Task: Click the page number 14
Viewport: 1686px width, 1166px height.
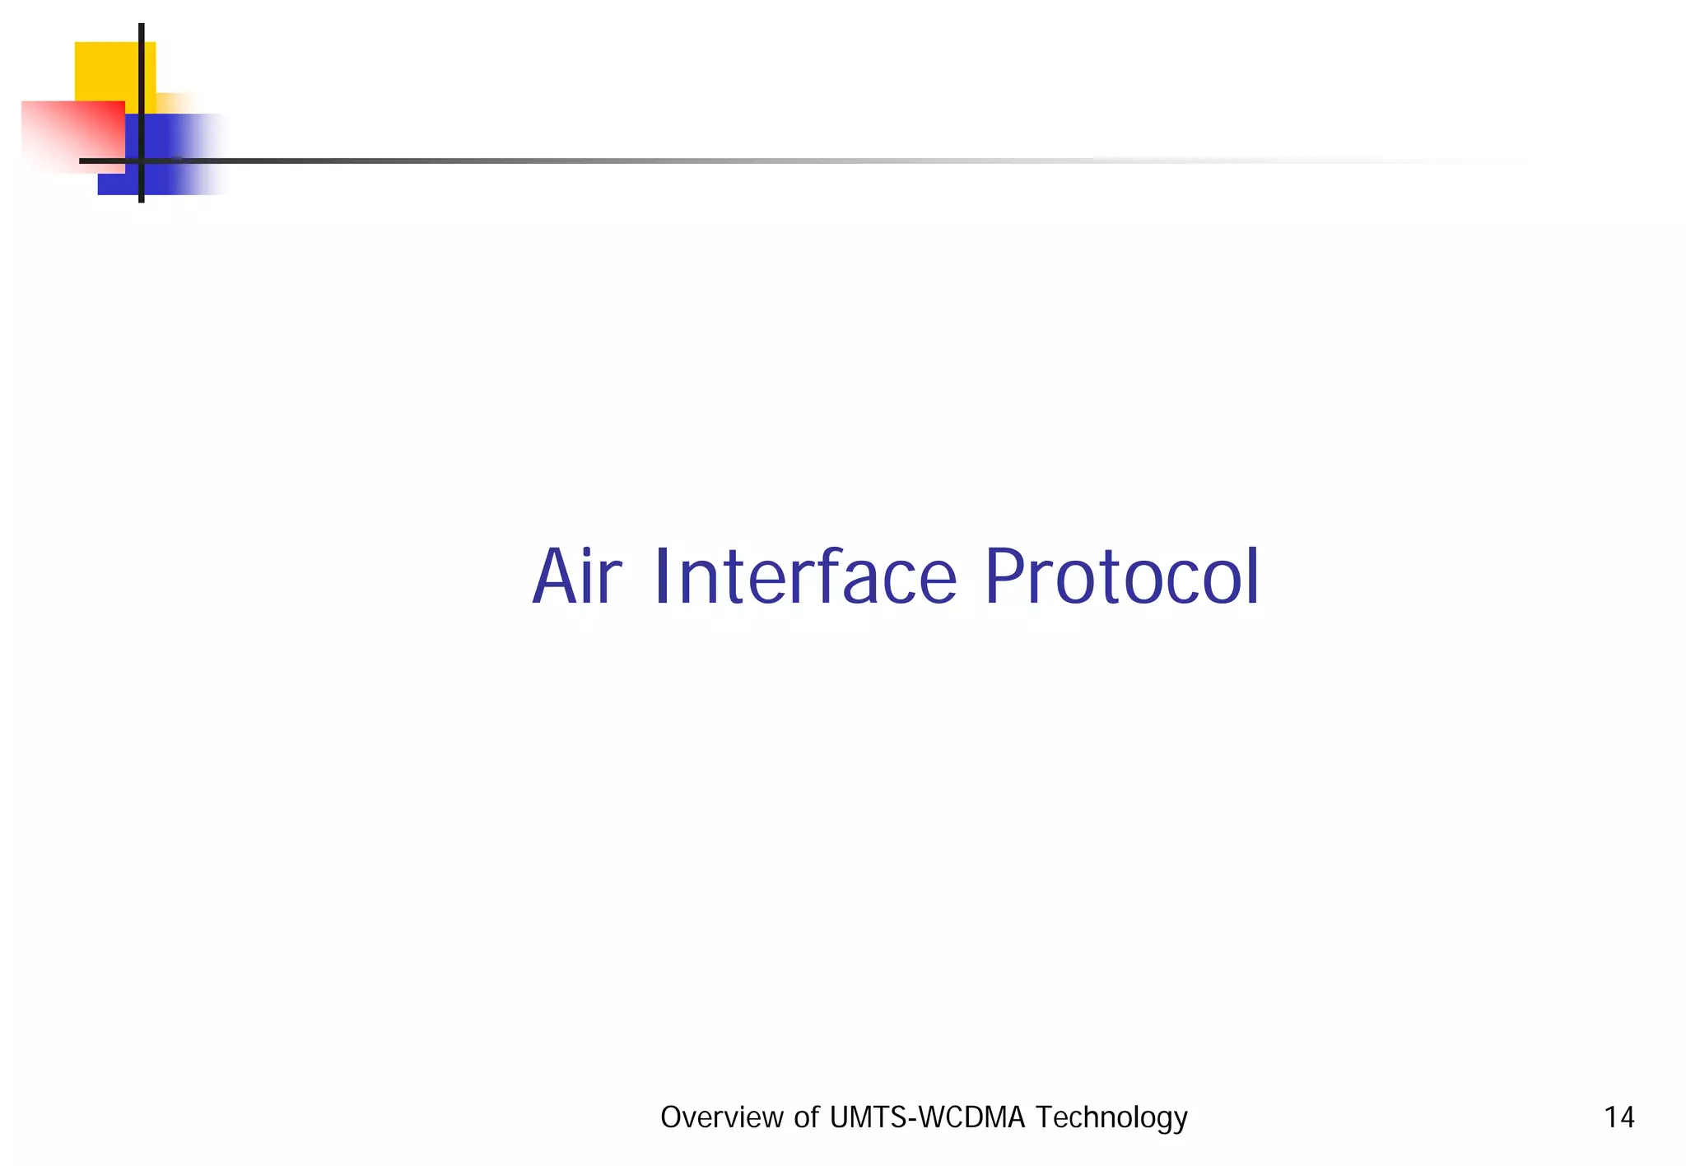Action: pyautogui.click(x=1618, y=1117)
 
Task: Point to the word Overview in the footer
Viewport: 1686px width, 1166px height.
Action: pyautogui.click(x=721, y=1117)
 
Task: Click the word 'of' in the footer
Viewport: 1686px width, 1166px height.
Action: pyautogui.click(x=806, y=1117)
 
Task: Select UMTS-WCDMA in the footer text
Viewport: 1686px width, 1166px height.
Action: pyautogui.click(x=928, y=1117)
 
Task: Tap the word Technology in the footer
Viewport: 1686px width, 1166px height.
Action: pyautogui.click(x=1111, y=1118)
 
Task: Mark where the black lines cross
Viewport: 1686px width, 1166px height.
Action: pyautogui.click(x=142, y=161)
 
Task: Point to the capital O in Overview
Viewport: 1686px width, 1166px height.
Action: pyautogui.click(x=671, y=1117)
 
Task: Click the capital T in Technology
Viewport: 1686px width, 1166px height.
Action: pyautogui.click(x=1043, y=1117)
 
